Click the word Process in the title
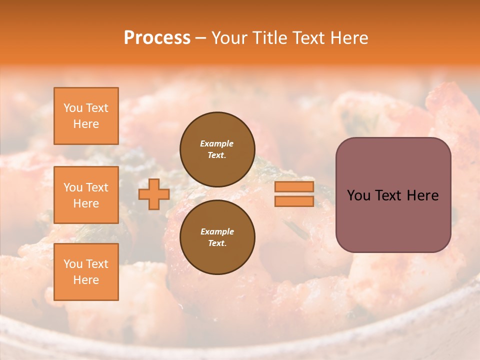coord(157,38)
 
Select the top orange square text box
coord(86,116)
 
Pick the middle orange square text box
coord(86,195)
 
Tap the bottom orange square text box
coord(86,272)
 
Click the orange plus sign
coord(154,194)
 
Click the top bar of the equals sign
coord(294,187)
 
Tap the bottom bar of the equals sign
coord(294,201)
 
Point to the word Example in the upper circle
coord(217,143)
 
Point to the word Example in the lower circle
coord(217,231)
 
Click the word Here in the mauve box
coord(422,195)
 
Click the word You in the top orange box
coord(72,108)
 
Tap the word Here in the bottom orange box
coord(86,280)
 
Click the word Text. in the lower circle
coord(217,243)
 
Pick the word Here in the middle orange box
coord(86,203)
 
